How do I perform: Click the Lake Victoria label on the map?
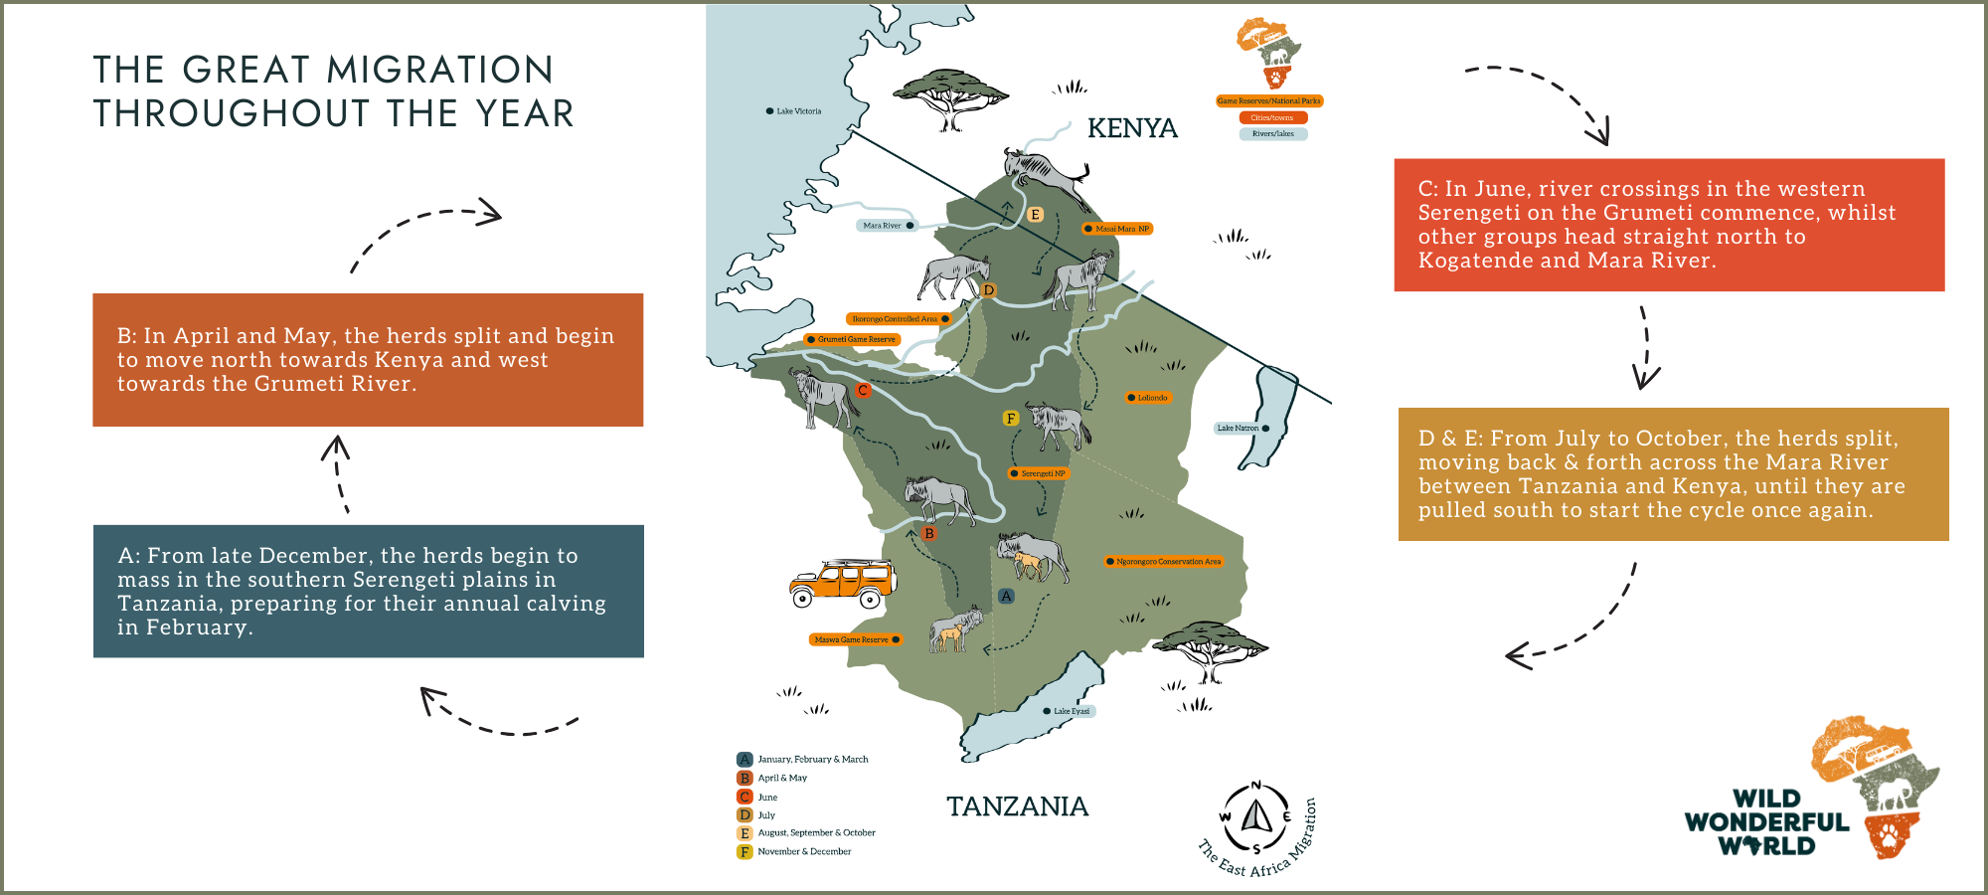click(797, 111)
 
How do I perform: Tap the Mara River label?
click(883, 226)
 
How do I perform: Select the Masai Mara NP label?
click(1120, 229)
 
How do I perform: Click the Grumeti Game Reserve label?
click(856, 339)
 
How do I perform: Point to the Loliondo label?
click(1151, 398)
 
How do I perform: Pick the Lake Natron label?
click(1239, 429)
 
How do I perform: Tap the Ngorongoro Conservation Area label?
click(1167, 562)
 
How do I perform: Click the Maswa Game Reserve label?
click(853, 639)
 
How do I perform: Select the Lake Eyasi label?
click(1071, 711)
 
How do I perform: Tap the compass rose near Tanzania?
click(1256, 818)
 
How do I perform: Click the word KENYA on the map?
click(1132, 128)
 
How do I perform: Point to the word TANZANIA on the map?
click(1017, 806)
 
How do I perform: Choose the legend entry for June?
click(766, 797)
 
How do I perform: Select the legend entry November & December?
click(803, 851)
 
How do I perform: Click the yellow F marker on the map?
click(1011, 419)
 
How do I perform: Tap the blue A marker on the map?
click(1006, 596)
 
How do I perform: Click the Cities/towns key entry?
click(1272, 117)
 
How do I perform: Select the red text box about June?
click(1668, 225)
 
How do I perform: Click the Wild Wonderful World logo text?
click(1766, 822)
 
